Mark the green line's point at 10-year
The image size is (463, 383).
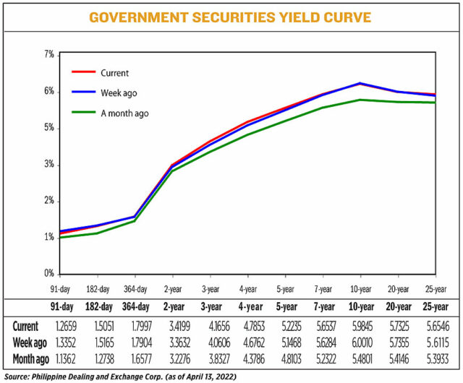pos(360,100)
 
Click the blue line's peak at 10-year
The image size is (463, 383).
pos(360,83)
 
